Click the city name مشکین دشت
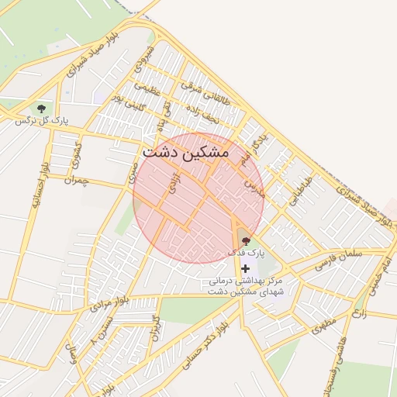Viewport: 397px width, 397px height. point(185,153)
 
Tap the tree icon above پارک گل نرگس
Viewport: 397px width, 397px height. point(41,109)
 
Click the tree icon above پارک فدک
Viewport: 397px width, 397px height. point(247,241)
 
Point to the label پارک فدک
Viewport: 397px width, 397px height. point(247,253)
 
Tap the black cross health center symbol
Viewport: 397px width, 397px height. point(246,268)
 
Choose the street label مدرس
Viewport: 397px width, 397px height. point(255,188)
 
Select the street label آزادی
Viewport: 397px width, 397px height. point(175,184)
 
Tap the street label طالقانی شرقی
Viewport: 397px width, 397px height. point(202,91)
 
